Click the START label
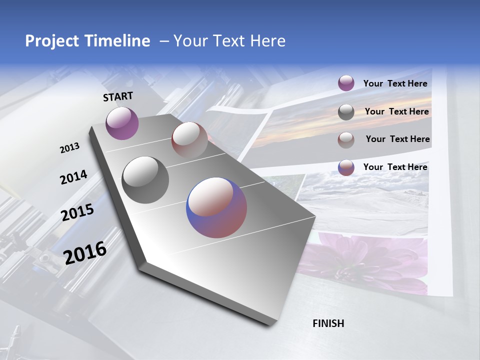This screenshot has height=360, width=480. (118, 96)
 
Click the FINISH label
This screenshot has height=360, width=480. (328, 323)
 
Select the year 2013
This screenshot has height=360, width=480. (69, 147)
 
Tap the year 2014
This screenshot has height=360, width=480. (73, 177)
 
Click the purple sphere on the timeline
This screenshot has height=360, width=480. (122, 123)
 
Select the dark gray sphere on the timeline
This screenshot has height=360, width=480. (145, 180)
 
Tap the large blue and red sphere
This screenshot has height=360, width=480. (216, 207)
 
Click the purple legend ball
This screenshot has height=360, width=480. (346, 83)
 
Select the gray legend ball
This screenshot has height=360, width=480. (346, 112)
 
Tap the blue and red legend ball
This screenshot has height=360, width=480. (346, 167)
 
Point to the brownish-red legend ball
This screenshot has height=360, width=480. (346, 139)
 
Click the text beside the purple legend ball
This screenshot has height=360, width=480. (395, 83)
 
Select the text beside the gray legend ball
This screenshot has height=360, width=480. (396, 111)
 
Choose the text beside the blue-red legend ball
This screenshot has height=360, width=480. (395, 167)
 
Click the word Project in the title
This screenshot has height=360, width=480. (52, 41)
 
